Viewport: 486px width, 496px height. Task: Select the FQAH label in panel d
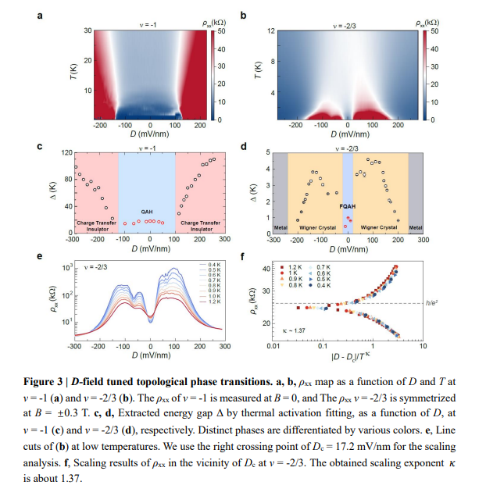pyautogui.click(x=347, y=206)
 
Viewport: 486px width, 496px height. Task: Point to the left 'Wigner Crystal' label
pyautogui.click(x=316, y=227)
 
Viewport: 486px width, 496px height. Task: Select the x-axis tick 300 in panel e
pyautogui.click(x=224, y=345)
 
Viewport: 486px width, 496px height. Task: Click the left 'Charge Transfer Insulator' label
pyautogui.click(x=91, y=227)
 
